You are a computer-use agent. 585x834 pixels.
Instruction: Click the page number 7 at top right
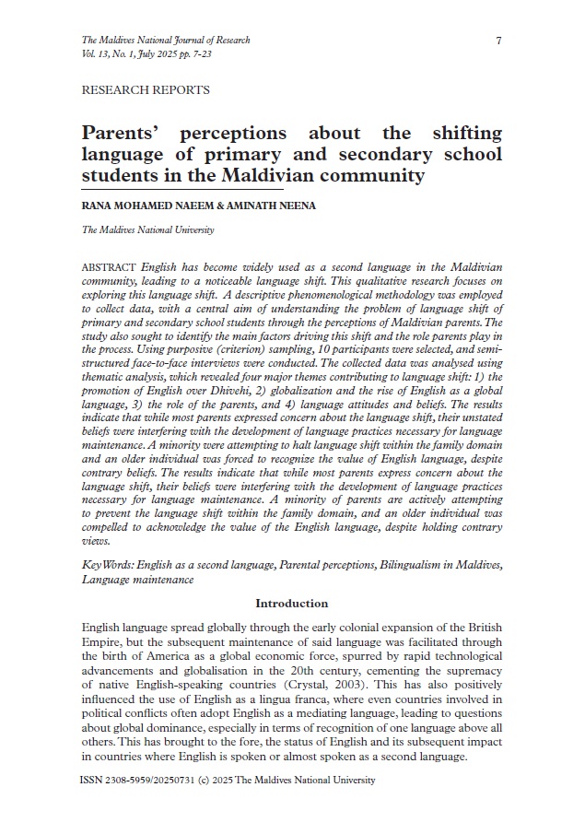pos(498,41)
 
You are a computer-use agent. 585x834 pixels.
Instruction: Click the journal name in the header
pos(166,41)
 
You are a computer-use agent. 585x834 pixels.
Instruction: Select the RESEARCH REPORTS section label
pos(146,90)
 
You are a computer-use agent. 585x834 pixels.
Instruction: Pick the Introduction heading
pos(291,604)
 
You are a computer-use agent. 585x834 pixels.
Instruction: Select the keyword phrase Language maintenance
pos(137,579)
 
